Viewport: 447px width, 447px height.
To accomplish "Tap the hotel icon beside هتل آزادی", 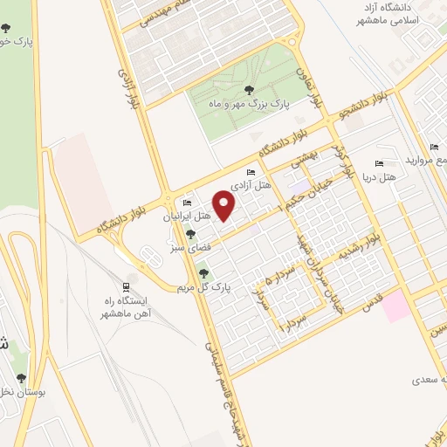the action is pyautogui.click(x=251, y=172).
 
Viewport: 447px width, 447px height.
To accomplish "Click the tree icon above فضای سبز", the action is pyautogui.click(x=190, y=234).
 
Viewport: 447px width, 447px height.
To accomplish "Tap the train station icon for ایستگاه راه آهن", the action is pyautogui.click(x=127, y=286).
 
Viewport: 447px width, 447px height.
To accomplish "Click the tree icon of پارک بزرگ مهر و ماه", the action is pyautogui.click(x=250, y=90).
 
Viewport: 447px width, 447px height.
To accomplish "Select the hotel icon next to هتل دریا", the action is pyautogui.click(x=378, y=163).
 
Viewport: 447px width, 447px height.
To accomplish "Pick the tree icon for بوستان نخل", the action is pyautogui.click(x=21, y=378).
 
